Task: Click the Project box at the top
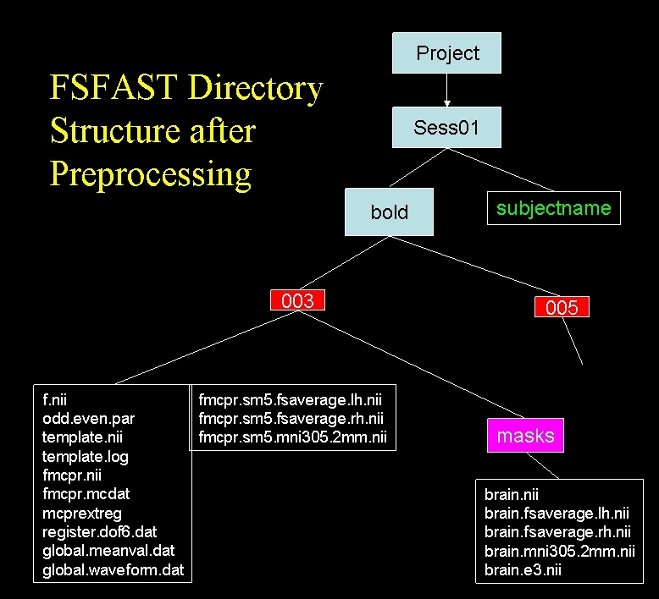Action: (447, 53)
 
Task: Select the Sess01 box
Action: (446, 128)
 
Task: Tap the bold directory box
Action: (389, 212)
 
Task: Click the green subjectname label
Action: (553, 209)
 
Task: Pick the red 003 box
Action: (297, 300)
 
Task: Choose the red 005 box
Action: (562, 307)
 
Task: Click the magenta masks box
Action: (525, 436)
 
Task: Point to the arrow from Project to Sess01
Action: (447, 91)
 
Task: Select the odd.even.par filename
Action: (88, 418)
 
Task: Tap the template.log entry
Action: (85, 456)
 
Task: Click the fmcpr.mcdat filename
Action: (86, 493)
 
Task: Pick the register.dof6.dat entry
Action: (99, 531)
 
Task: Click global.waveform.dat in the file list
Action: (113, 569)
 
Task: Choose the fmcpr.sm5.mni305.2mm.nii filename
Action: (292, 437)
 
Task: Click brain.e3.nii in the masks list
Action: (523, 569)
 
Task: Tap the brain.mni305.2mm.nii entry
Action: (559, 551)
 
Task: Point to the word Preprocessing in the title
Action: (151, 173)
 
